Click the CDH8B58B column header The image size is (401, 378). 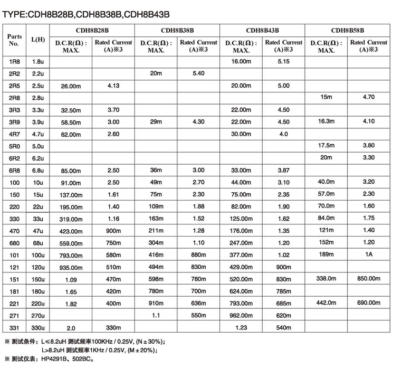coord(348,31)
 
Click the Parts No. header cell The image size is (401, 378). coord(15,40)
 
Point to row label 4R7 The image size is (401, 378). coord(15,134)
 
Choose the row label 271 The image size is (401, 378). coord(15,316)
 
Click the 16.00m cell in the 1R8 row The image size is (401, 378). coord(241,62)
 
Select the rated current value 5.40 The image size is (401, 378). coord(198,73)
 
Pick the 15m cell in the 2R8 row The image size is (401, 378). coord(327,97)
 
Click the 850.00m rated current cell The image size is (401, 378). coord(369,278)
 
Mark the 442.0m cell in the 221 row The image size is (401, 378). coord(326,303)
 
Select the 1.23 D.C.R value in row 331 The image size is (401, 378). coord(241,327)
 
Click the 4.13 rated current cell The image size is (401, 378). coord(113,86)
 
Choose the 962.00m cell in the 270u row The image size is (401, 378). coord(241,315)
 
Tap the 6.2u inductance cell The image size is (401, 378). coord(38,158)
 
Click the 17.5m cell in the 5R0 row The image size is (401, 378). coord(327,145)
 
